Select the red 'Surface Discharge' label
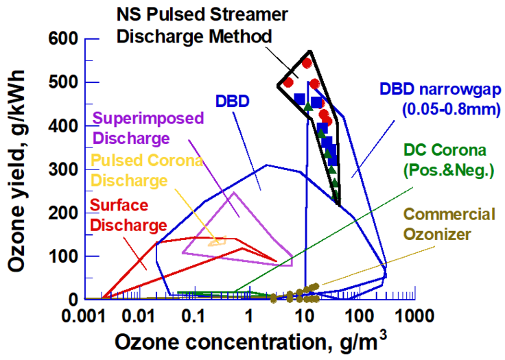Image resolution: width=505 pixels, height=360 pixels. click(x=129, y=214)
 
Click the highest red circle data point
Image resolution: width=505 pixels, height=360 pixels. click(x=307, y=63)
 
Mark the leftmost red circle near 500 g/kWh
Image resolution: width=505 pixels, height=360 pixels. click(x=288, y=83)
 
